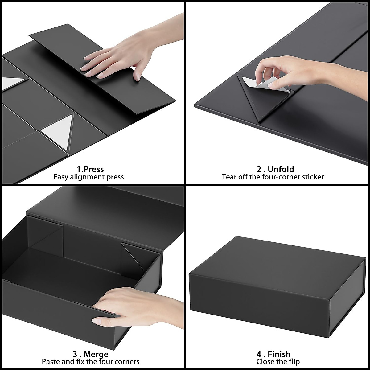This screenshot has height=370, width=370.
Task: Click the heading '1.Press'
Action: tap(90, 169)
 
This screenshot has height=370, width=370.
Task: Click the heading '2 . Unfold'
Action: tap(275, 169)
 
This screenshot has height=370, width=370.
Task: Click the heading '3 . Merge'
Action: tap(90, 354)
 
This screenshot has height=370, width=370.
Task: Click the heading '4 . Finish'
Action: tap(273, 354)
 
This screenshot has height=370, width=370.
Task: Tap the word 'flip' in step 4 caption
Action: tap(294, 362)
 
